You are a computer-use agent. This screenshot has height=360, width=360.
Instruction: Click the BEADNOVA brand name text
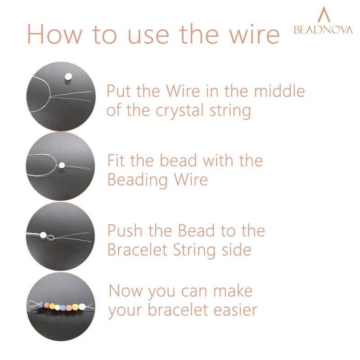coord(323,30)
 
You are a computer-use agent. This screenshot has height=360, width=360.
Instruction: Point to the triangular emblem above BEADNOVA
coord(323,15)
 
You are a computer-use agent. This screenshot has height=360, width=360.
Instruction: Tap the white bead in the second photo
coord(61,165)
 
